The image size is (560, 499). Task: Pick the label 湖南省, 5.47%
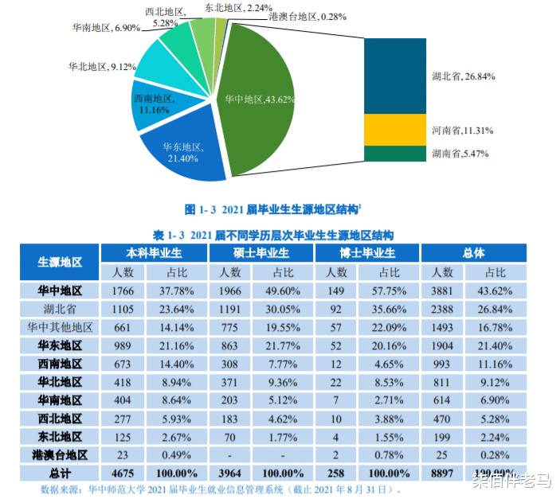pyautogui.click(x=460, y=153)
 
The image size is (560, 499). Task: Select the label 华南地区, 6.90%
pyautogui.click(x=107, y=27)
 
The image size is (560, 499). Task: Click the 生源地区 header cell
pyautogui.click(x=67, y=262)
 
